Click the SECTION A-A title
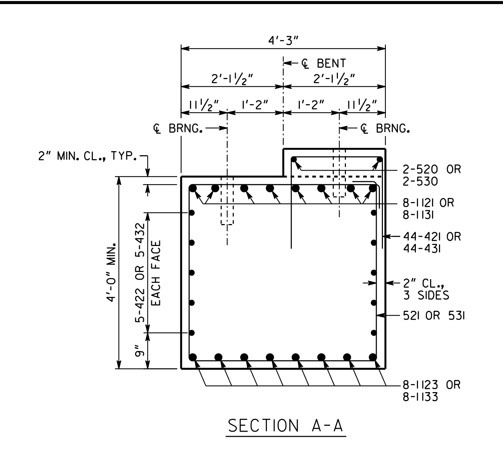coord(286,425)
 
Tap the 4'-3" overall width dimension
coord(283,40)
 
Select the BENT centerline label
coord(324,63)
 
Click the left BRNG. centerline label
coord(178,129)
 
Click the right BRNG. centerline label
coord(385,129)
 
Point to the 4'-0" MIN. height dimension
coord(111,273)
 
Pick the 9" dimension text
coord(139,351)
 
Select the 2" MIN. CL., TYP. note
coord(87,156)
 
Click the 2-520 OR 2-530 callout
coord(432,175)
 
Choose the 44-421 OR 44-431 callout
coord(432,243)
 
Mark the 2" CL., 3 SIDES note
coord(426,289)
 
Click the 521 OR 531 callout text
coord(434,316)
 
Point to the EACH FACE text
coord(156,273)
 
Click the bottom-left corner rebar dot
coord(193,357)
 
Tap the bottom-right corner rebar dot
coord(373,357)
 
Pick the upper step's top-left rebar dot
coord(294,159)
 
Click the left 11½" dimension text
coord(204,105)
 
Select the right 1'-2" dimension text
coord(311,105)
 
